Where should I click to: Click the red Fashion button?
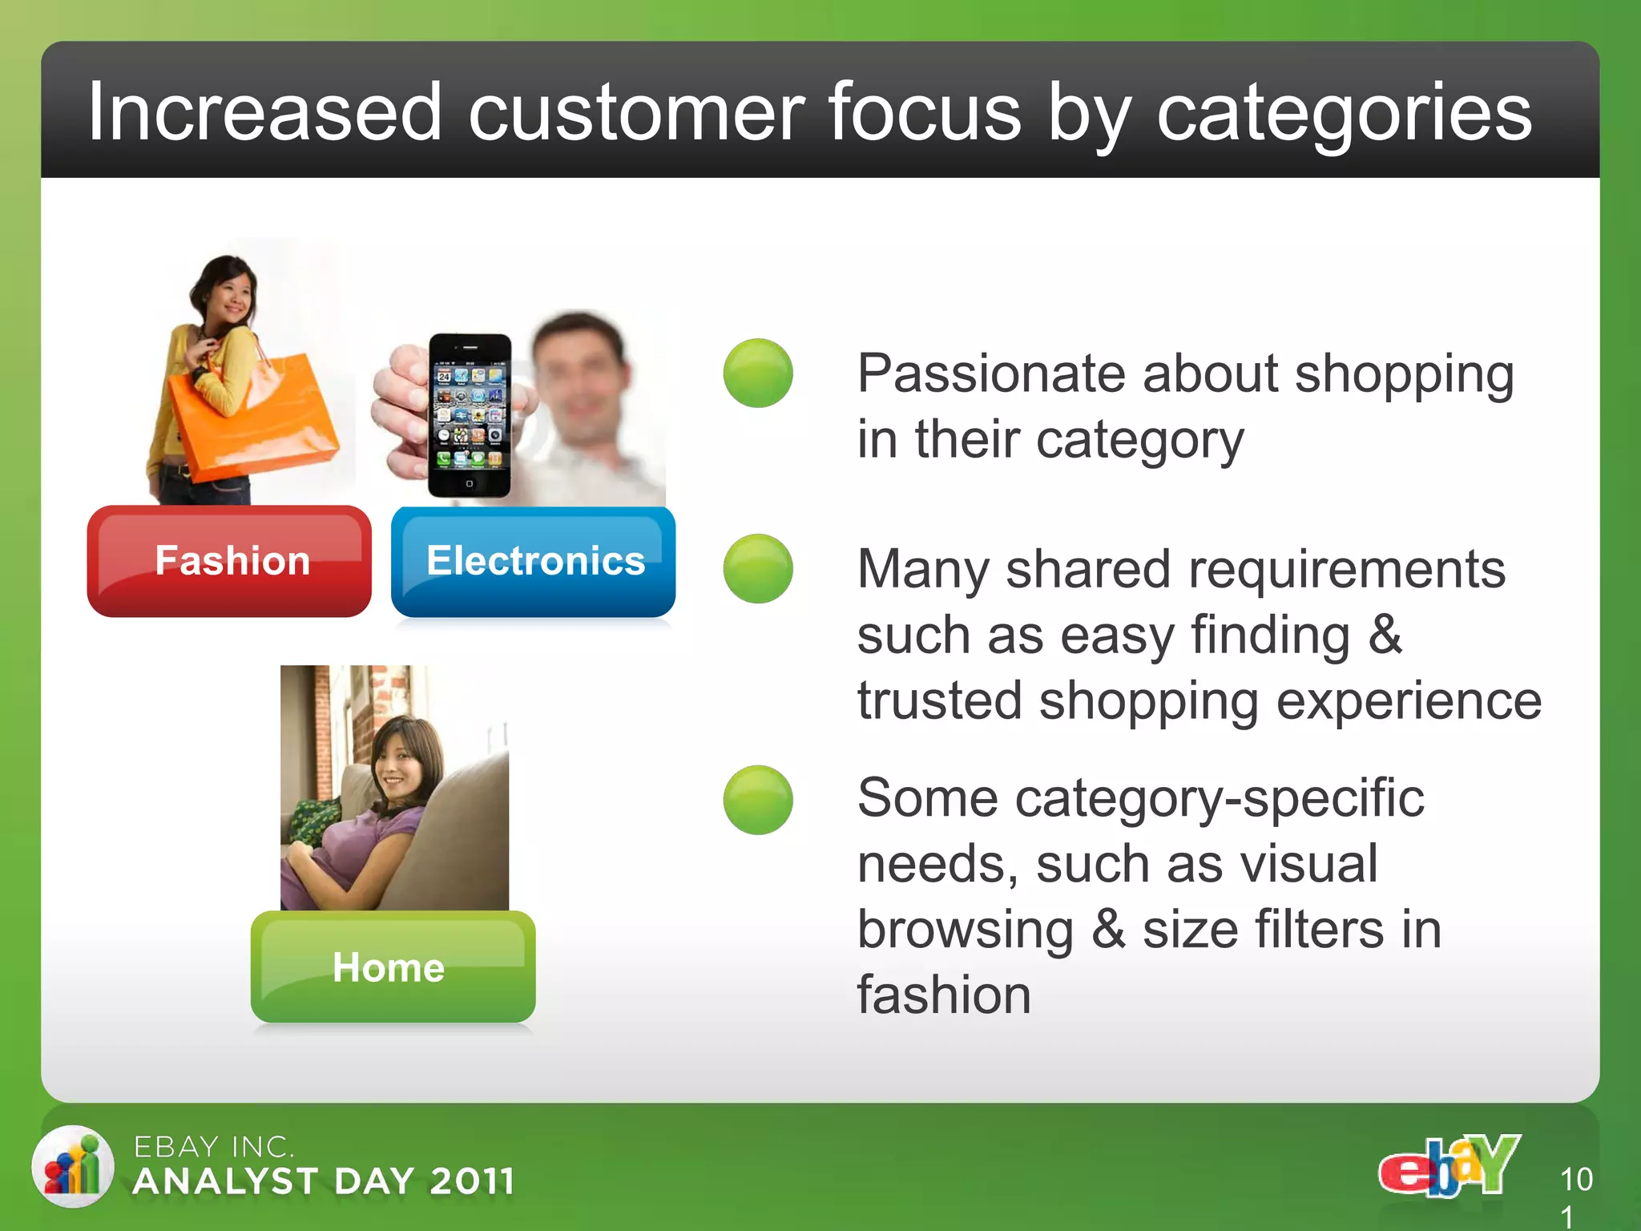click(x=229, y=561)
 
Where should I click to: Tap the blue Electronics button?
click(x=534, y=561)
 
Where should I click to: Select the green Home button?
click(x=393, y=967)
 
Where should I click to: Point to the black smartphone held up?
click(x=470, y=415)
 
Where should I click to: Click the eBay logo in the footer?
click(x=1449, y=1167)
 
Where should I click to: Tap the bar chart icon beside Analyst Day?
click(x=73, y=1167)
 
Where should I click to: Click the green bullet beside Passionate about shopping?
click(x=758, y=373)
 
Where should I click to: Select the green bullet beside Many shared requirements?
click(x=758, y=569)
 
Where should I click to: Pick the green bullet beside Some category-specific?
click(x=758, y=800)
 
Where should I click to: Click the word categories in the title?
click(x=1344, y=114)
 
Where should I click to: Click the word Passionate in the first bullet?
click(x=990, y=374)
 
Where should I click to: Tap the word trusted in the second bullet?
click(x=939, y=700)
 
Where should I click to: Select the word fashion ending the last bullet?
click(x=944, y=995)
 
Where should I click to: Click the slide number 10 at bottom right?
click(x=1576, y=1180)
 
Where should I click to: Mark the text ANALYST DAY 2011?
click(x=324, y=1181)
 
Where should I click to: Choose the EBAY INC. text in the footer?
click(x=214, y=1147)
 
